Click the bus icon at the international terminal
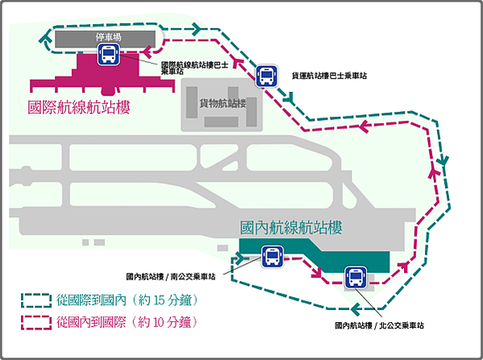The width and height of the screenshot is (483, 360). tap(109, 54)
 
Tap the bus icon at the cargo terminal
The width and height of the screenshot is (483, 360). tap(266, 76)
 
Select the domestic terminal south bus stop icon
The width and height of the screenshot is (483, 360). tap(273, 256)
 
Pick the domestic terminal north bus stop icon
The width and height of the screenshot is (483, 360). tap(356, 278)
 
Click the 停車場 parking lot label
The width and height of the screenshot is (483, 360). tap(108, 37)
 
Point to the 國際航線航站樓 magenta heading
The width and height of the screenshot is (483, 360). tap(79, 107)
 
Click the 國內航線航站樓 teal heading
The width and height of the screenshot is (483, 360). tap(291, 228)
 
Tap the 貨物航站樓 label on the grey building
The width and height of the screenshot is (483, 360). tap(223, 103)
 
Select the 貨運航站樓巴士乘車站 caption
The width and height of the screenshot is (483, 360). tap(329, 76)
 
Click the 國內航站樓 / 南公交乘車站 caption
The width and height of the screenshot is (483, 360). tap(171, 276)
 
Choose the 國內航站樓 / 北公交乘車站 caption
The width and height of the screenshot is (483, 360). tap(380, 325)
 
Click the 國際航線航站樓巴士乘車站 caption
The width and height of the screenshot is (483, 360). tap(194, 68)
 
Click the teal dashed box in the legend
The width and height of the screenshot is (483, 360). tap(36, 300)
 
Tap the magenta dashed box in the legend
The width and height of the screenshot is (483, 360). tap(36, 323)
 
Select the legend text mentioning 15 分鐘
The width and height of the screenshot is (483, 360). tap(127, 300)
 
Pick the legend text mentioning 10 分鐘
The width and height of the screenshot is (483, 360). tap(127, 322)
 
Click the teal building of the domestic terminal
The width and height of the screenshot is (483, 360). tap(314, 255)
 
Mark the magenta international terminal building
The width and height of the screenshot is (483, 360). tap(102, 74)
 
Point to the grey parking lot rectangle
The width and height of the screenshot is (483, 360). tap(105, 39)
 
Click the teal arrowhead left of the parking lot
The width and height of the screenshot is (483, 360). tap(46, 38)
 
